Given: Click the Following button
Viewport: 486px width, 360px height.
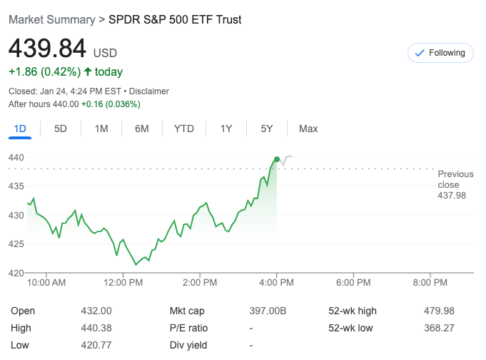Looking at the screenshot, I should [440, 53].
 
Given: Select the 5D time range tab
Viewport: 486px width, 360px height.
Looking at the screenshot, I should [61, 129].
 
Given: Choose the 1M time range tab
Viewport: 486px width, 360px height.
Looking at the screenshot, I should [101, 129].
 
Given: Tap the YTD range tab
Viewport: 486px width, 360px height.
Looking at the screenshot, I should [183, 129].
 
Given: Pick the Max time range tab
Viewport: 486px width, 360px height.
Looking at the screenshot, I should [308, 129].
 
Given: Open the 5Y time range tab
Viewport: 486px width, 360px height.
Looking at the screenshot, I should [267, 129].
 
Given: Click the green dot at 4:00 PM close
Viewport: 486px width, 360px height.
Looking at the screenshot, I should [277, 159].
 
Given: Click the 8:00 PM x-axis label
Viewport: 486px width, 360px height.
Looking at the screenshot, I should [430, 283].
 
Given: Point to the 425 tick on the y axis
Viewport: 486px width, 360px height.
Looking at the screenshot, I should [16, 244].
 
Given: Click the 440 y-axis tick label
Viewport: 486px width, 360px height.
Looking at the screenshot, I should [16, 157].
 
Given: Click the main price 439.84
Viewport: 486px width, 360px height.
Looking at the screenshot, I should [47, 49].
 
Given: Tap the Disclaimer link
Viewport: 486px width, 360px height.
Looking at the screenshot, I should [149, 91].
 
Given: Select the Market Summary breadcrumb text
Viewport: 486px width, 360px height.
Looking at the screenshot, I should [51, 19].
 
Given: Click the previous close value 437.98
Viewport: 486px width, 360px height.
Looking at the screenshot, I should [451, 195].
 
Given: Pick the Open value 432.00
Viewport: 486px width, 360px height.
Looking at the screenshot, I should [96, 311].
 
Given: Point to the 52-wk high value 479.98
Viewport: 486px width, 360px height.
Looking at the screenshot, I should [439, 311].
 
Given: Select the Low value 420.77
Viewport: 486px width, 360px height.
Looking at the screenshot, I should [96, 345].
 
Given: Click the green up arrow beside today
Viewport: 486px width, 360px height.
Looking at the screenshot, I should [88, 71].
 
